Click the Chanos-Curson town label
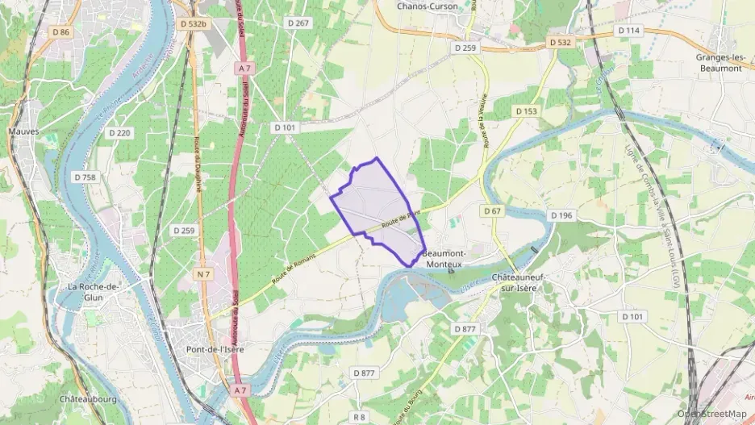(428, 6)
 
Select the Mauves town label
(23, 131)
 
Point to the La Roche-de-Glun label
(94, 292)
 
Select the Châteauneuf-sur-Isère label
(519, 283)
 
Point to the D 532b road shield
(194, 24)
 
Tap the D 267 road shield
(298, 23)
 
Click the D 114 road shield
(628, 31)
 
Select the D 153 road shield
(526, 111)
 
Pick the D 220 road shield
(119, 133)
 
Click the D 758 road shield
(85, 177)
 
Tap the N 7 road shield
(203, 275)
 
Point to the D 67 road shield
(493, 211)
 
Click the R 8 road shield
(360, 417)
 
